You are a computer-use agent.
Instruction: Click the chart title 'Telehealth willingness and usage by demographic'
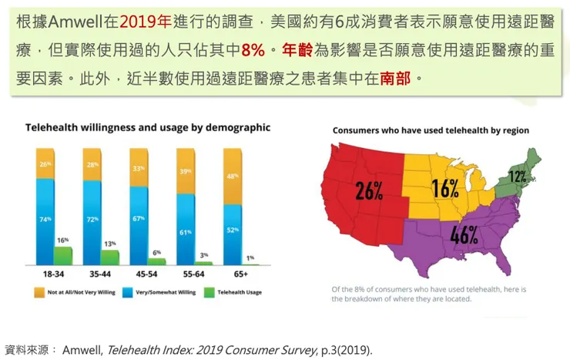coord(148,127)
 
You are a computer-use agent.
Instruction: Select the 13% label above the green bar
coord(110,244)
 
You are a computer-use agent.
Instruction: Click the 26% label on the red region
coord(369,190)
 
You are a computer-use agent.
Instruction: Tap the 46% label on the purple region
coord(464,235)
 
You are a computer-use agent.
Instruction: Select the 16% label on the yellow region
coord(445,187)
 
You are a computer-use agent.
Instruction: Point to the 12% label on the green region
coord(518,177)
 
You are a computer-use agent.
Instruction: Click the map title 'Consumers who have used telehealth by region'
coord(431,130)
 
